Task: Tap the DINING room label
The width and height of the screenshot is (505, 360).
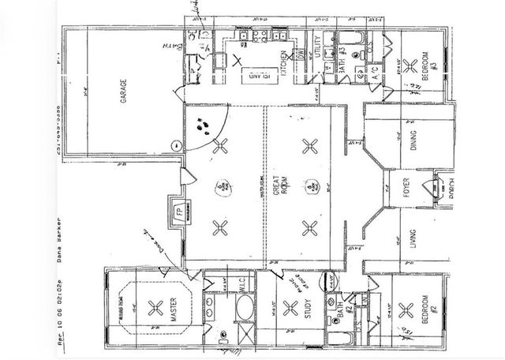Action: (416, 142)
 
